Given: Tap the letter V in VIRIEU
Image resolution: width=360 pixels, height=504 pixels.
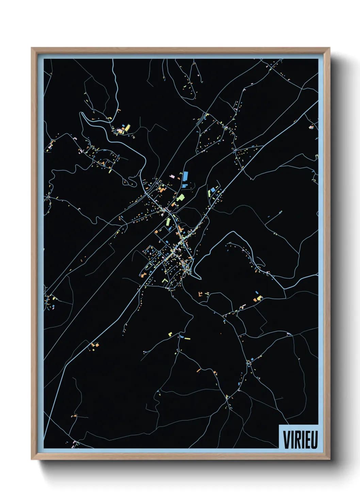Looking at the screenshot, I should [287, 440].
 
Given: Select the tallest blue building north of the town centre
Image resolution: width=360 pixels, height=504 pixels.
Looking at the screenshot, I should [185, 177].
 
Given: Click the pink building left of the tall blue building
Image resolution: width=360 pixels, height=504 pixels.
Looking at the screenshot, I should [172, 176].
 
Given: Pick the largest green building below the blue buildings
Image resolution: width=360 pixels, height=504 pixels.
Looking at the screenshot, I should [180, 198].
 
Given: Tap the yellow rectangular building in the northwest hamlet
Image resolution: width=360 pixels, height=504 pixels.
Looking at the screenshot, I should [127, 128].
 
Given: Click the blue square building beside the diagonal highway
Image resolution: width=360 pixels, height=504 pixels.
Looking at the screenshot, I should [213, 189].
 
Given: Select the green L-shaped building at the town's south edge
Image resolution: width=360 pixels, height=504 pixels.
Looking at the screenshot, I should [165, 280].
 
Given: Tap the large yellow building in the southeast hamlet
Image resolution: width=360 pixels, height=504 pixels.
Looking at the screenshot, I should [260, 298].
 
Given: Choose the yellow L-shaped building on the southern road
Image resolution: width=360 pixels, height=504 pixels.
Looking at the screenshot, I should [170, 334].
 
